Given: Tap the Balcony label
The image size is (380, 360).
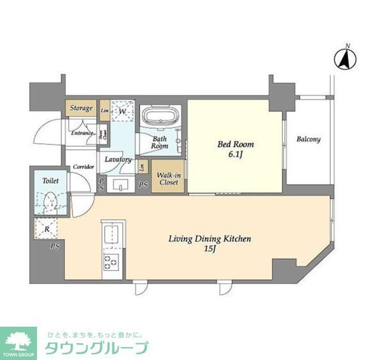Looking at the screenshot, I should (308, 139).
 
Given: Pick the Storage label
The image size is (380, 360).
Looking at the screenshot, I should (81, 108).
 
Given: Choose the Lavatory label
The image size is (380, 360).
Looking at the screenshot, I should (117, 160).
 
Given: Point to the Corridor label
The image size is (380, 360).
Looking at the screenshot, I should (83, 167).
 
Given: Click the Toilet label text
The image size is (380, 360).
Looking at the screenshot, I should (51, 181).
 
